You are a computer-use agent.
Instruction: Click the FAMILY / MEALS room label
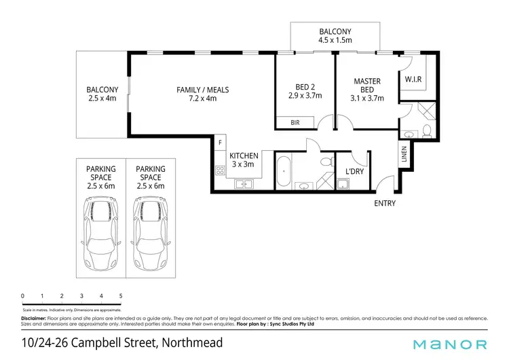coord(202,90)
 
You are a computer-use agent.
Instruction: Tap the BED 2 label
coord(304,86)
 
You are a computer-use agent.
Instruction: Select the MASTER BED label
coord(367,86)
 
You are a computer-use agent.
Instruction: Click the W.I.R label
coord(413,79)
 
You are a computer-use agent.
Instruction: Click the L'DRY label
coord(355,172)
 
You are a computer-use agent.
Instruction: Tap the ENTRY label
coord(384,203)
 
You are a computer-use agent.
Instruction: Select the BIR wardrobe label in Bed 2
coord(295,123)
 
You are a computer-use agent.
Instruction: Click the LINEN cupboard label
coord(404,156)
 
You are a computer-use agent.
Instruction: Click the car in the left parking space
coord(100,234)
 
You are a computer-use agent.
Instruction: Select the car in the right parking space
coord(150,234)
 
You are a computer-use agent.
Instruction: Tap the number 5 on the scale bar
coord(121,296)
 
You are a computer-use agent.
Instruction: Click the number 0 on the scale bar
coord(23,296)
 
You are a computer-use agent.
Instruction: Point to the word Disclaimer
coord(33,318)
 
